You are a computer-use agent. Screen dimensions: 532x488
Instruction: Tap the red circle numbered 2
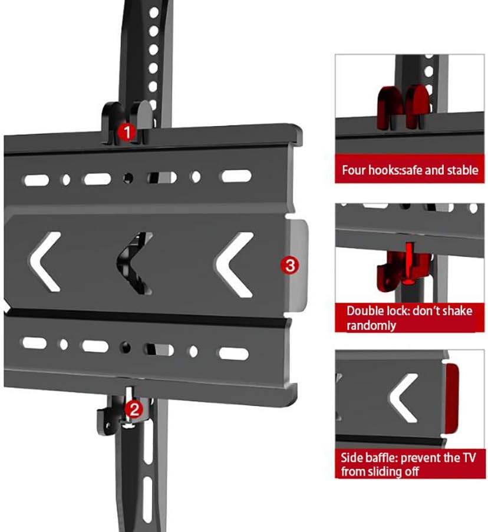(x=134, y=409)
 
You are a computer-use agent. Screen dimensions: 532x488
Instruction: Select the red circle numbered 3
(x=289, y=266)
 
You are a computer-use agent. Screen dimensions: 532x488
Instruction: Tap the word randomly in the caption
(x=371, y=325)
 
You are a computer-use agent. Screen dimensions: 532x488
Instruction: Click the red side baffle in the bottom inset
(x=453, y=398)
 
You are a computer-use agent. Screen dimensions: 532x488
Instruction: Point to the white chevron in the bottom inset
(x=404, y=398)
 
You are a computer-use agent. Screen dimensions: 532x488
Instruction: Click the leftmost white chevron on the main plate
(x=46, y=262)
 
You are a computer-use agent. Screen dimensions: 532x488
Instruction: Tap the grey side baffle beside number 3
(x=298, y=265)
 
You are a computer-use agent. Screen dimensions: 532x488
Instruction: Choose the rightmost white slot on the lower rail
(x=235, y=354)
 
